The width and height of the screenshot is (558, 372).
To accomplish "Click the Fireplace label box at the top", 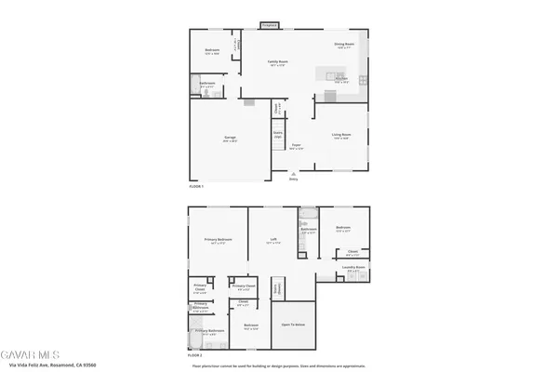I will point(270,25).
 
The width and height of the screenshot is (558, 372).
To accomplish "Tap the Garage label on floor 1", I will point(229,139).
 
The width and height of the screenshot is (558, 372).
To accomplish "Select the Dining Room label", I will point(346,45).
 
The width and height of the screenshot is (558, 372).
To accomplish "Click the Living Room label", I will point(341,136).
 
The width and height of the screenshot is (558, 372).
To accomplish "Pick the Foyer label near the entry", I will point(296,146).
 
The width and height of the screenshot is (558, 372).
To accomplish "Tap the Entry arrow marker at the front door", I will point(294,179).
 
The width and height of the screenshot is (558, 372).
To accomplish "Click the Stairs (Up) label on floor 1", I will point(277,135).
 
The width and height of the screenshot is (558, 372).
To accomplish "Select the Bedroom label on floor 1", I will point(211,51).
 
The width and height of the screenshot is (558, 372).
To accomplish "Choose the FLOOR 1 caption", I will point(196,187).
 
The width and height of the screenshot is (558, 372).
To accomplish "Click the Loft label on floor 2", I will point(274,239).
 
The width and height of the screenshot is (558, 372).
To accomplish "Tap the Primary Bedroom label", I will point(219,240).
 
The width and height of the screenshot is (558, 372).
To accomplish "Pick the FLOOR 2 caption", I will point(195,355).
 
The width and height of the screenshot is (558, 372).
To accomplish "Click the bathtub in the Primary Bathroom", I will point(197,339).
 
